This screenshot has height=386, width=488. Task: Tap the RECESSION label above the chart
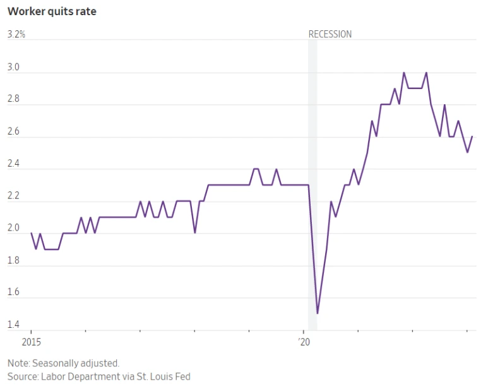click(330, 34)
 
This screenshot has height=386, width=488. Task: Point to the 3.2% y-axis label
click(16, 34)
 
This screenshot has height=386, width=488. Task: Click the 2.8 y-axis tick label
click(13, 99)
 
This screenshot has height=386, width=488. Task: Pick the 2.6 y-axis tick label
click(13, 132)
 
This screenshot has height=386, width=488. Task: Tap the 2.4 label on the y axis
click(13, 164)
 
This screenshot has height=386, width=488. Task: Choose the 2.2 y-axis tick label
click(13, 196)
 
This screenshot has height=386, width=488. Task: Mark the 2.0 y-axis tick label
click(13, 229)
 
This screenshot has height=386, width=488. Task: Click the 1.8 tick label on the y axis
click(13, 261)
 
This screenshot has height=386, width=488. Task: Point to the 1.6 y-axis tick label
click(13, 293)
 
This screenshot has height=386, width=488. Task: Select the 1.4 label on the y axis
click(13, 325)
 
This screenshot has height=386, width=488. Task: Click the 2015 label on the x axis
click(31, 342)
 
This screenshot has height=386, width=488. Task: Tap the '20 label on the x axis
click(304, 342)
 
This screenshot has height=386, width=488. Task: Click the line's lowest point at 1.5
click(318, 313)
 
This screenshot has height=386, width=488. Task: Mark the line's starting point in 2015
click(32, 233)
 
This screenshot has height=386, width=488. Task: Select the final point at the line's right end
click(472, 136)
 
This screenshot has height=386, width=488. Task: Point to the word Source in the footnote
click(22, 377)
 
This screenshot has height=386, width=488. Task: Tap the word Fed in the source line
click(182, 377)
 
